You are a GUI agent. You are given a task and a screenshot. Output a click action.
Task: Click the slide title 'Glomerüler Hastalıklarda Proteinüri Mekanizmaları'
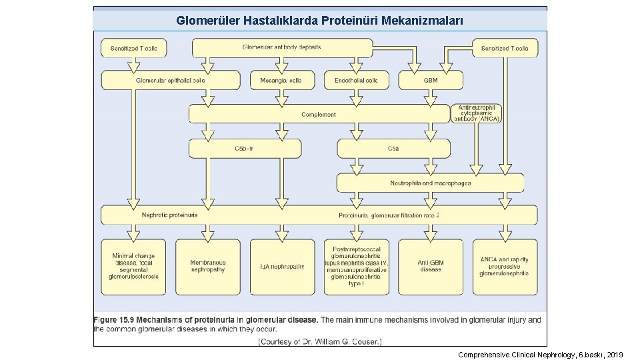point(319,21)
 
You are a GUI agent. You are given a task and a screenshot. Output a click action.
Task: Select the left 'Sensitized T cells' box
point(133,48)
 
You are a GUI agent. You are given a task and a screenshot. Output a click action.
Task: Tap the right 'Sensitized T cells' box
point(505,48)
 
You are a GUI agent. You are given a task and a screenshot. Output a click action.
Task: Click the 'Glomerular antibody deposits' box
point(282,47)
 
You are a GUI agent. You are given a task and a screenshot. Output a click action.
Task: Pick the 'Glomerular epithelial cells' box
point(171,80)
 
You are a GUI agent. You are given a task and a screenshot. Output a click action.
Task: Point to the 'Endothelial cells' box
point(356,80)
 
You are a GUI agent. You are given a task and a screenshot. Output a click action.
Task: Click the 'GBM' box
point(431,80)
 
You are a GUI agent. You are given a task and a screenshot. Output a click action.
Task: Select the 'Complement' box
point(319,114)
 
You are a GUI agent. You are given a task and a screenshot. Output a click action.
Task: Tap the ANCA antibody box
point(477,113)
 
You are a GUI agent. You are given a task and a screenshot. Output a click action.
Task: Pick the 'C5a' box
point(393,148)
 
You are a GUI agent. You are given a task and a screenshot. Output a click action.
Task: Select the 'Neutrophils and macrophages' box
point(430,183)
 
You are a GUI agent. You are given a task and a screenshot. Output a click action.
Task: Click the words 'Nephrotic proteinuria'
point(169,215)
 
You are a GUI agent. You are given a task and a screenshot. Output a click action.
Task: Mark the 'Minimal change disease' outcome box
point(133,266)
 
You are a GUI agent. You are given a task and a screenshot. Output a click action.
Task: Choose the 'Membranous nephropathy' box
point(207,266)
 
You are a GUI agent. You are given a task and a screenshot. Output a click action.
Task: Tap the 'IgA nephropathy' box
point(281,266)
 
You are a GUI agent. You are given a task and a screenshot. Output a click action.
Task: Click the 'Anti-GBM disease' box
point(430,266)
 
